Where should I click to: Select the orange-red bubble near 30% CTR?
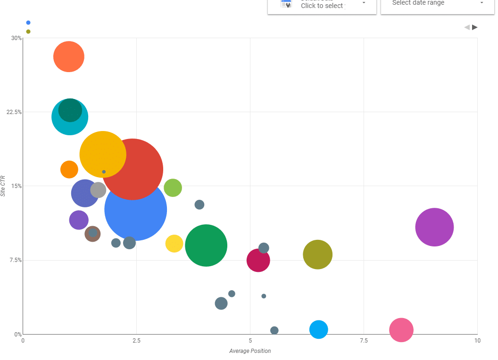[x=69, y=57]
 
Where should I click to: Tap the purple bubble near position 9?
[x=434, y=227]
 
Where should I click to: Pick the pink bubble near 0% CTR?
[x=401, y=330]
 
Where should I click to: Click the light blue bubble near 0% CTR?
[x=319, y=329]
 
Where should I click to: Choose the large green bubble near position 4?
[x=206, y=245]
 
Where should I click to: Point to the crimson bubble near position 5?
[x=258, y=260]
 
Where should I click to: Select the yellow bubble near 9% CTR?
[x=174, y=243]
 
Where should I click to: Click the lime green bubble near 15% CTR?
[x=173, y=188]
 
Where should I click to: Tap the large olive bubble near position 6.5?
[x=317, y=254]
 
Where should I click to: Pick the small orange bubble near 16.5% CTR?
[x=69, y=169]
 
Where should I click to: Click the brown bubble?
[x=92, y=234]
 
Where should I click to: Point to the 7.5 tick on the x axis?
[x=364, y=341]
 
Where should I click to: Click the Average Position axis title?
[x=250, y=351]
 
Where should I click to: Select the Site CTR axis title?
[x=3, y=186]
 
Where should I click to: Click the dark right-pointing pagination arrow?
[x=475, y=27]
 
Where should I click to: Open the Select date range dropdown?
[x=438, y=4]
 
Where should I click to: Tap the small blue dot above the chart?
[x=28, y=23]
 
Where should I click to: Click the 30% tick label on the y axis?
[x=17, y=38]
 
